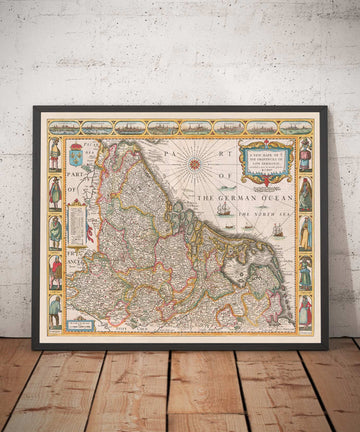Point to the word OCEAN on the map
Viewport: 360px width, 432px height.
(276, 199)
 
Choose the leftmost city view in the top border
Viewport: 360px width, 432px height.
(64, 127)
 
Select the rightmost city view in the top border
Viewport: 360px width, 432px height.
(296, 127)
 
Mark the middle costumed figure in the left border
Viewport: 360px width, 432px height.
(55, 233)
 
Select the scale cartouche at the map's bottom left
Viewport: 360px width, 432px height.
(81, 323)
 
